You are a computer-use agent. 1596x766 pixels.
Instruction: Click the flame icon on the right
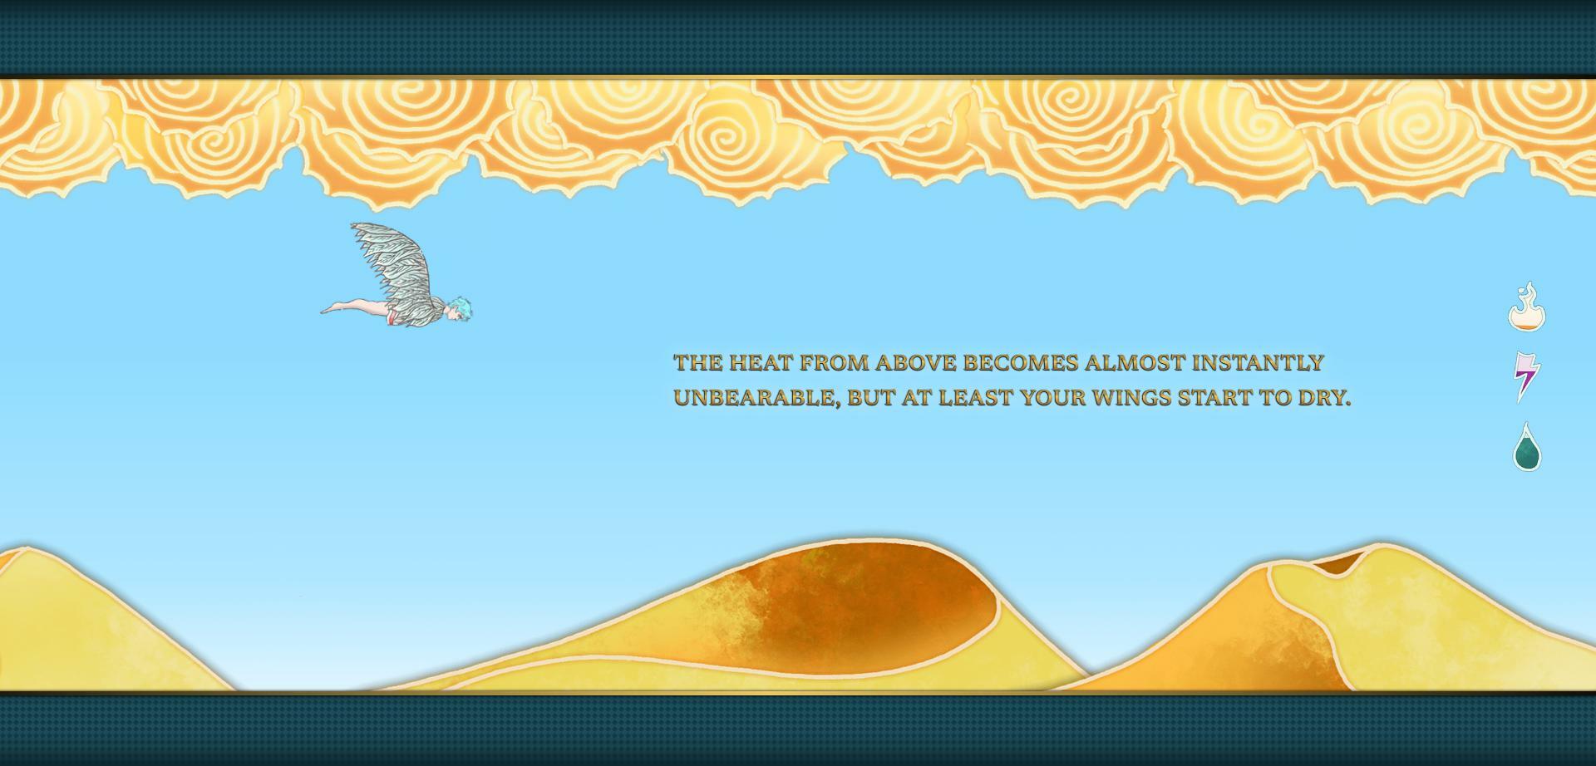(1527, 309)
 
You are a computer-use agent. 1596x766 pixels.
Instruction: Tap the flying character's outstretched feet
(332, 309)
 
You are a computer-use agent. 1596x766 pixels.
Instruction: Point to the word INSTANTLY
(1258, 363)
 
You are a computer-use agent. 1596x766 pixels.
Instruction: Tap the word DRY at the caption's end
(1324, 398)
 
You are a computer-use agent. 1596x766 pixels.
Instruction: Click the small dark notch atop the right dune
(1335, 563)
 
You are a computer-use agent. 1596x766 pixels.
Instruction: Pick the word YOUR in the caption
(1053, 398)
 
